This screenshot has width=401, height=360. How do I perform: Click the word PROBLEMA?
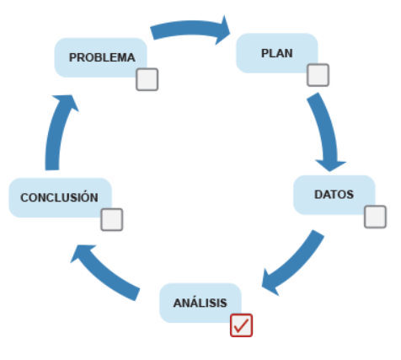point(102,57)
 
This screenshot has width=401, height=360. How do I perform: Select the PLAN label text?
point(277,53)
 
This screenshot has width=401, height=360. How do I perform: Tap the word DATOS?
point(334,195)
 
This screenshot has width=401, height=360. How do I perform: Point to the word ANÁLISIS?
point(200,303)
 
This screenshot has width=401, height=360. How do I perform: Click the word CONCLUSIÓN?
point(59,196)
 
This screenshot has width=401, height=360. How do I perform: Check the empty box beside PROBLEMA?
point(147,79)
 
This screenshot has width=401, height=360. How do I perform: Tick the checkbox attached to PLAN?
point(318,75)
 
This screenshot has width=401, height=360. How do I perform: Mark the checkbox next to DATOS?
point(375,217)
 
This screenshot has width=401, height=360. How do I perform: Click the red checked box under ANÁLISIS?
point(241,325)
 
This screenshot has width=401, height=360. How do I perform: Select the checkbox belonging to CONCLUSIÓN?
point(112,219)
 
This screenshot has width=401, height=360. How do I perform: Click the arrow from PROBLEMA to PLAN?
point(191,28)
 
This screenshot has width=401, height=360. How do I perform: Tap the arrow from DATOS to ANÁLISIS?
point(297,263)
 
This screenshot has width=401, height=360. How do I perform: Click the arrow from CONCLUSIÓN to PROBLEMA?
point(56,132)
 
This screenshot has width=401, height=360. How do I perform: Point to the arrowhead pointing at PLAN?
point(222,31)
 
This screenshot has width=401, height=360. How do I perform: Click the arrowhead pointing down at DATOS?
point(330,165)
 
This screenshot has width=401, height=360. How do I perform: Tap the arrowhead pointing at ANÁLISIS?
point(269,283)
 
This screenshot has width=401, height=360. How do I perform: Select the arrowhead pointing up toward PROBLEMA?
point(67,101)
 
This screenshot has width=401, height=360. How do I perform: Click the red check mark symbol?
point(241,325)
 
